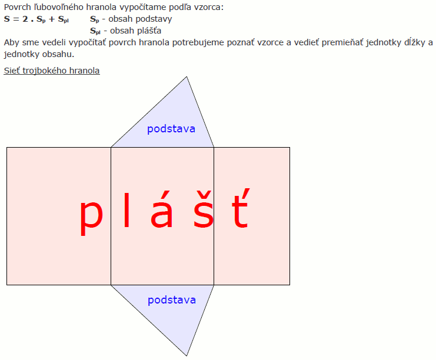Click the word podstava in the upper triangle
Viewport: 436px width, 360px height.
[x=171, y=128]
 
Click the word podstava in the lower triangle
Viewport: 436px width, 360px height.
[x=171, y=300]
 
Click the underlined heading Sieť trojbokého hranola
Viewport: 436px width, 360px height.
[x=52, y=71]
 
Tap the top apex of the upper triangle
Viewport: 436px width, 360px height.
[x=187, y=77]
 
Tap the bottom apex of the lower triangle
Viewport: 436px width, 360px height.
[x=187, y=355]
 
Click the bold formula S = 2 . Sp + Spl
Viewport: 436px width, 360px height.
[x=36, y=19]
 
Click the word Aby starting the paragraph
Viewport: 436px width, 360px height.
[x=11, y=42]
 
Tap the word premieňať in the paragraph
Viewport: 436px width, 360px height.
[x=315, y=42]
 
